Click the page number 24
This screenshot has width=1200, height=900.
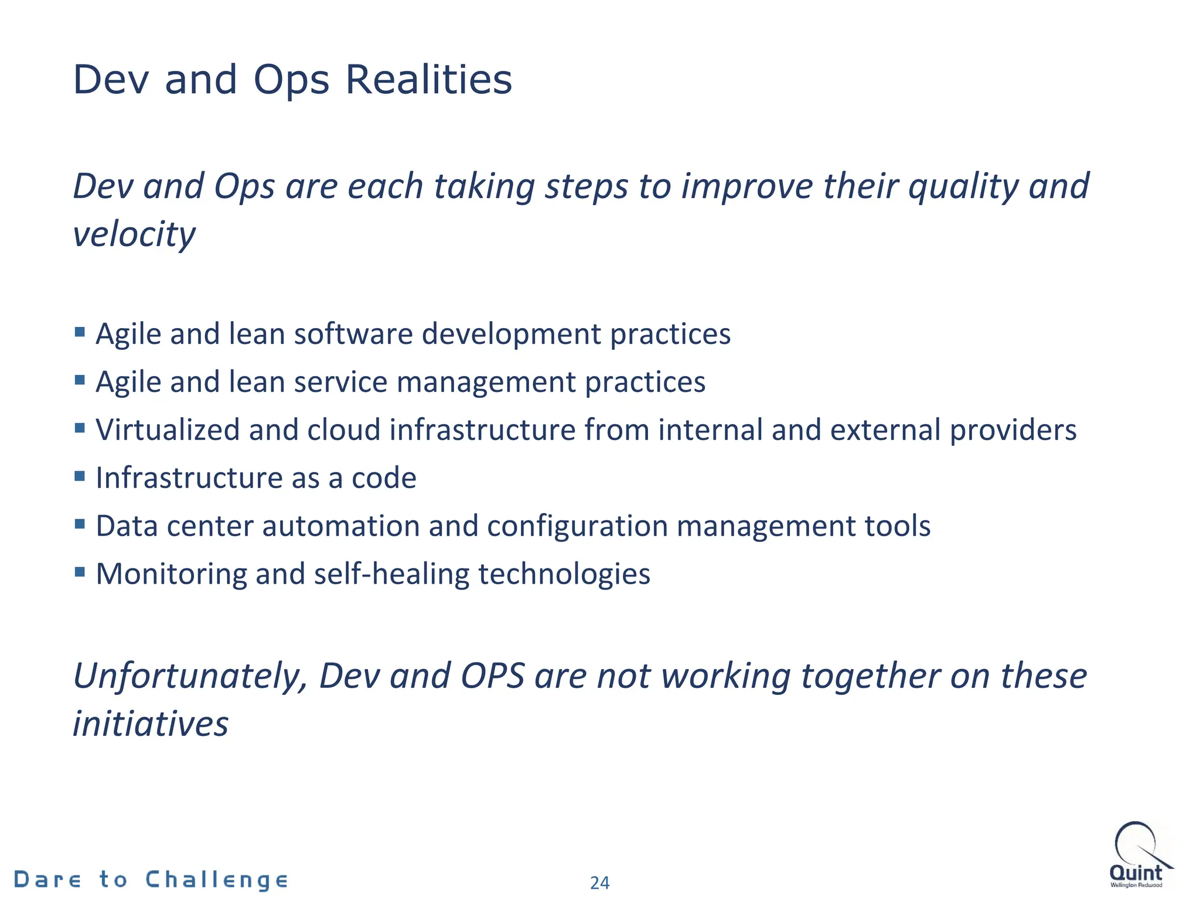[x=599, y=882]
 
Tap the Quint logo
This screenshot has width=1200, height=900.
[x=1138, y=856]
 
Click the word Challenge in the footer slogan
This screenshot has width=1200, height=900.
[x=216, y=880]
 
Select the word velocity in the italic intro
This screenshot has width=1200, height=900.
[x=134, y=234]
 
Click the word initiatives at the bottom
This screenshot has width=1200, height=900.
[x=151, y=724]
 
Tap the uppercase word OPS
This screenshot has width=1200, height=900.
[x=492, y=676]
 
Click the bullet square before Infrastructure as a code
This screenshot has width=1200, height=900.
[x=80, y=475]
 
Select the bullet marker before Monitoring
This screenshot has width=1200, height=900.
[x=80, y=571]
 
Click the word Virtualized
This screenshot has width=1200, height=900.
[x=168, y=430]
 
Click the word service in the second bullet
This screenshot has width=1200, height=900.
[x=340, y=382]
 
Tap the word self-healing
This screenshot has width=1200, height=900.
[x=391, y=574]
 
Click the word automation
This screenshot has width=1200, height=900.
[x=340, y=526]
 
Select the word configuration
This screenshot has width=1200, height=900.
[x=577, y=526]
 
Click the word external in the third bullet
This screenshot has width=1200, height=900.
[x=885, y=430]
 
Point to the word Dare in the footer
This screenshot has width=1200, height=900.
[x=47, y=880]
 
